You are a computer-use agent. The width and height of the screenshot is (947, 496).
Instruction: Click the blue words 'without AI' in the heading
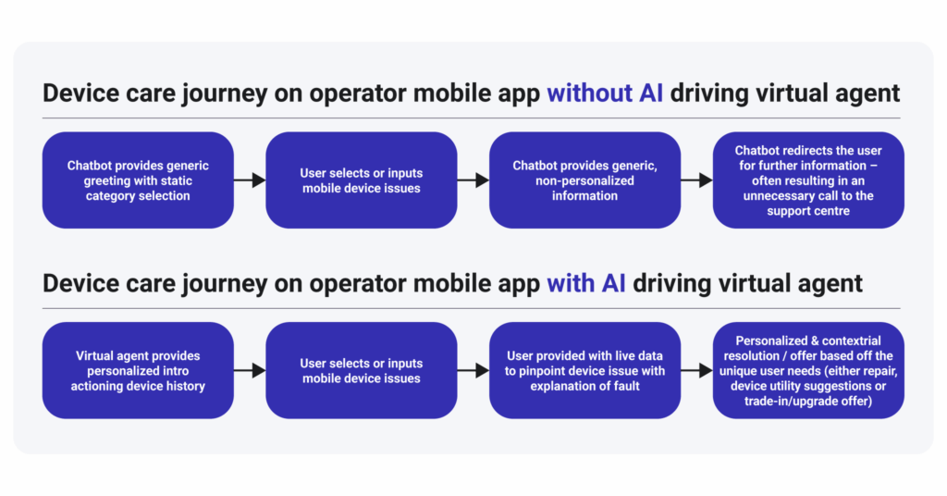coord(605,93)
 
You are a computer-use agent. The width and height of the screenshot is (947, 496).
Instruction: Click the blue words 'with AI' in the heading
coord(585,283)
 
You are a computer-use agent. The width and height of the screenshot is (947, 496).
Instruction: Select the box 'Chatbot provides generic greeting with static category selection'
coord(138,180)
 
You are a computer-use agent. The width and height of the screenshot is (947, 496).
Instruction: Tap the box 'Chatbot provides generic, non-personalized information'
coord(584,180)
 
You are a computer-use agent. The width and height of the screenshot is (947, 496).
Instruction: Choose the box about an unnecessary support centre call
coord(808,180)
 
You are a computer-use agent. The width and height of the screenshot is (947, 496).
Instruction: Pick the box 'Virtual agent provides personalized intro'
coord(138,370)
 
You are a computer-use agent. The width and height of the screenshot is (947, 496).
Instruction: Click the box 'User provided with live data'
coord(584,370)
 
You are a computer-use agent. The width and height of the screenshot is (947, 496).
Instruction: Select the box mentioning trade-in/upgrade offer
coord(808,370)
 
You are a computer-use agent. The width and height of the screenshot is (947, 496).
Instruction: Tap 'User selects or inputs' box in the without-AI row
coord(362,180)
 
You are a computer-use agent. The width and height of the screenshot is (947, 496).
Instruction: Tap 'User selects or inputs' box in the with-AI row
coord(362,370)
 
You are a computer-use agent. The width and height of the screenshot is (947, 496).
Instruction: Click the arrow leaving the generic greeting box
coord(250,180)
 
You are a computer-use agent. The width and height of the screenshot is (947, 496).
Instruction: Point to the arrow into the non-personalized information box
coord(473,180)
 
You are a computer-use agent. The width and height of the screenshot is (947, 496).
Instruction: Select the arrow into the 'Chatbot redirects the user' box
coord(696,180)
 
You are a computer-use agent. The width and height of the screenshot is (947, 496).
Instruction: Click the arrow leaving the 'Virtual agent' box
coord(250,370)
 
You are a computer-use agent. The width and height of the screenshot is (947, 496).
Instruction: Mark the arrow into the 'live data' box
coord(473,370)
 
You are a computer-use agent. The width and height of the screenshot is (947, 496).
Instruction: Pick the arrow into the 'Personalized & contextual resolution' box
coord(696,370)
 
